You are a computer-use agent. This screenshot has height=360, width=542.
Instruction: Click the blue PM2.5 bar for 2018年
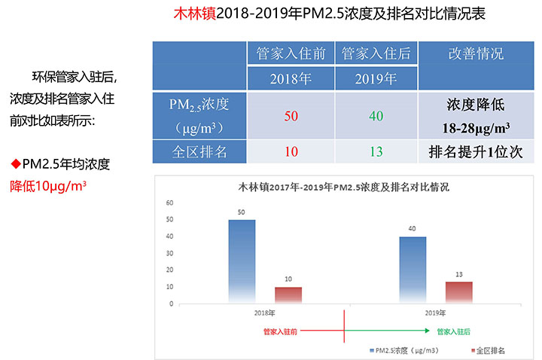tap(242, 261)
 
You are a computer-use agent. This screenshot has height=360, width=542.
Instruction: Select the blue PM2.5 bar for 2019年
tap(413, 270)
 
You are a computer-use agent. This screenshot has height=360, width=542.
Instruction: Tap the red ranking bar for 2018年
tap(288, 294)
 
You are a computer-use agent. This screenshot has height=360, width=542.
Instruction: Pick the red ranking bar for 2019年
tap(459, 292)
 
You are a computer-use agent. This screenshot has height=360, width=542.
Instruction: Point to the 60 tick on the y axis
tap(169, 203)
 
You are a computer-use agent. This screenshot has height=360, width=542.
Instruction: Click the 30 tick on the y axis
tap(169, 253)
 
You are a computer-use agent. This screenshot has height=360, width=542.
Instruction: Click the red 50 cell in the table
tap(291, 116)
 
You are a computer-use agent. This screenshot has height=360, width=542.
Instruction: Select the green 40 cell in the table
tap(376, 116)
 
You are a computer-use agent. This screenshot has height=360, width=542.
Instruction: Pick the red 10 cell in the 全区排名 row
tap(291, 151)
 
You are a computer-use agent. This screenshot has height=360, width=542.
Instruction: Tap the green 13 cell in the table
tap(376, 151)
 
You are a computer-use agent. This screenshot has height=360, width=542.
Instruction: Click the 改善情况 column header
tap(476, 54)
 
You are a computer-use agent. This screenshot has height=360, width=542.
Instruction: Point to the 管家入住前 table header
tap(291, 54)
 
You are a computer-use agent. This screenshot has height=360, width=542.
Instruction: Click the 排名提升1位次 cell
tap(476, 151)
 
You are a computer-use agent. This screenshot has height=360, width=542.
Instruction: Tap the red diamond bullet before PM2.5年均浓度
tap(14, 163)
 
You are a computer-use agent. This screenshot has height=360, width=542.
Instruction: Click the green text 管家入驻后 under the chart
tap(456, 331)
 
